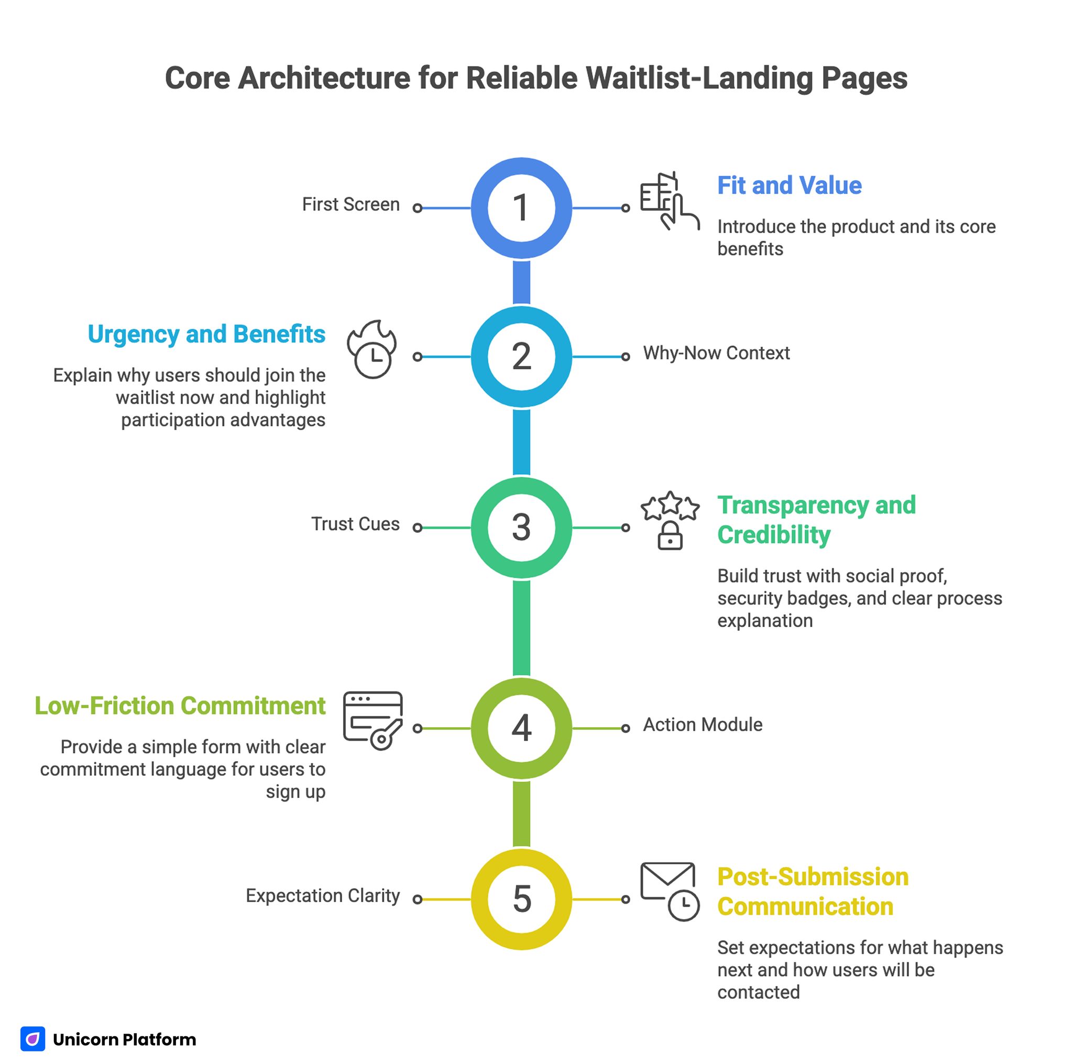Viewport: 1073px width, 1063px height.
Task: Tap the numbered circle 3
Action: (521, 527)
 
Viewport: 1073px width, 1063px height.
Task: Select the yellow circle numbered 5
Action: (521, 898)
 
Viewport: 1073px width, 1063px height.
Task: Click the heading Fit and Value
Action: (789, 185)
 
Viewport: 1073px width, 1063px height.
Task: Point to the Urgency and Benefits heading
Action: (206, 334)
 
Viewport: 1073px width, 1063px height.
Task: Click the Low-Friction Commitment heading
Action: (180, 706)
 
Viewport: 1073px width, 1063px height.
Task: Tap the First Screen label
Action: (351, 204)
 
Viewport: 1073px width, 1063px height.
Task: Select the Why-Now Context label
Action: (716, 353)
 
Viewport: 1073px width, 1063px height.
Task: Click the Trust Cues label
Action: (355, 524)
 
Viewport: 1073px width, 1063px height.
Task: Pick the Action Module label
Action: (702, 725)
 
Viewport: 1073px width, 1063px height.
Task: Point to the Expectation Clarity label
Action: (322, 895)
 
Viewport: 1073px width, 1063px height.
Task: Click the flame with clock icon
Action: (372, 349)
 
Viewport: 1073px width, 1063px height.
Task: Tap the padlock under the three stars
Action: (670, 536)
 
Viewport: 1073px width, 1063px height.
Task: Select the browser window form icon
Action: (372, 720)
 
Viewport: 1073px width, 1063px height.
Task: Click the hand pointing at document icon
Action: (669, 201)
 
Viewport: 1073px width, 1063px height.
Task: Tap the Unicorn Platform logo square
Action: (33, 1038)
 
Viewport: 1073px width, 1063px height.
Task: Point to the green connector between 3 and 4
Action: (521, 628)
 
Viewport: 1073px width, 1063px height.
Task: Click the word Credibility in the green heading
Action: (773, 535)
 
